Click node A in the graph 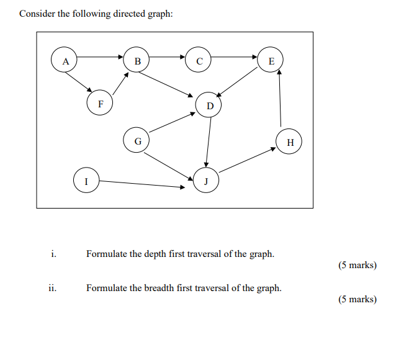[x=65, y=60]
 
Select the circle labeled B [x=137, y=60]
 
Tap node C [x=199, y=60]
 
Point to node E [x=271, y=60]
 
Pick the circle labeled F [x=100, y=103]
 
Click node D [x=210, y=105]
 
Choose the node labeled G [x=137, y=140]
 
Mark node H [x=290, y=142]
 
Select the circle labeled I [x=86, y=181]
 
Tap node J [x=206, y=181]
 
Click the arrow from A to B [x=101, y=57]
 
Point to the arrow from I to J [x=142, y=184]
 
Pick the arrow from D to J [x=209, y=142]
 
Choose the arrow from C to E [x=235, y=57]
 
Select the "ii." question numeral [x=53, y=288]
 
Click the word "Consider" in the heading [x=37, y=14]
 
